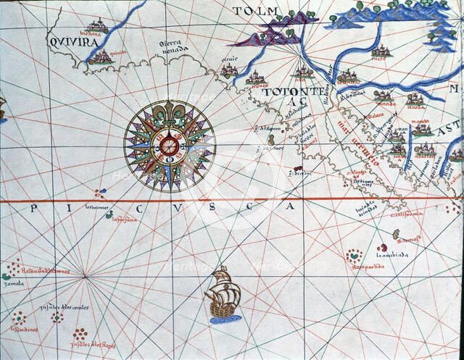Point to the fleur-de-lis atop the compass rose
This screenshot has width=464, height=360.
168,116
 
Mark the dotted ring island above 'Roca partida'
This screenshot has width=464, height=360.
354,255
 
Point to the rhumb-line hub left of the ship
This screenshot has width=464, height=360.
85,275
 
